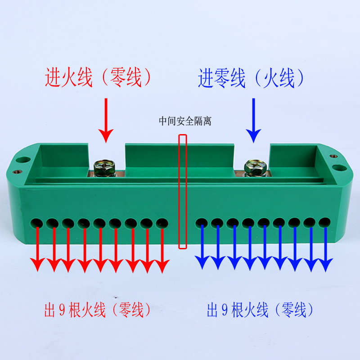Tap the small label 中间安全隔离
(185, 121)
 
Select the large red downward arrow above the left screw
(106, 120)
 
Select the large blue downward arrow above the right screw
(254, 120)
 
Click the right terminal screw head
(253, 167)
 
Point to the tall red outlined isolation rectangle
(183, 191)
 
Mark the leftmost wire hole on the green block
(37, 223)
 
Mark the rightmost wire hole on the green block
(324, 222)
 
